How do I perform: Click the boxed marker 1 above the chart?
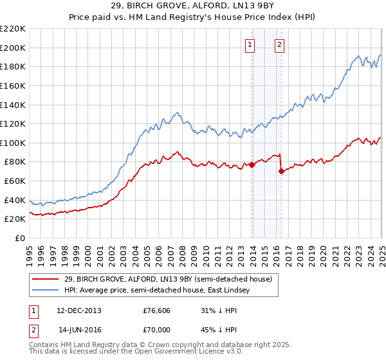[x=249, y=45]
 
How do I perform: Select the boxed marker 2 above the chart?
[x=280, y=45]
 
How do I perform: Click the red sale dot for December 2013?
[x=252, y=165]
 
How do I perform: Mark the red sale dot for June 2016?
[x=281, y=171]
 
